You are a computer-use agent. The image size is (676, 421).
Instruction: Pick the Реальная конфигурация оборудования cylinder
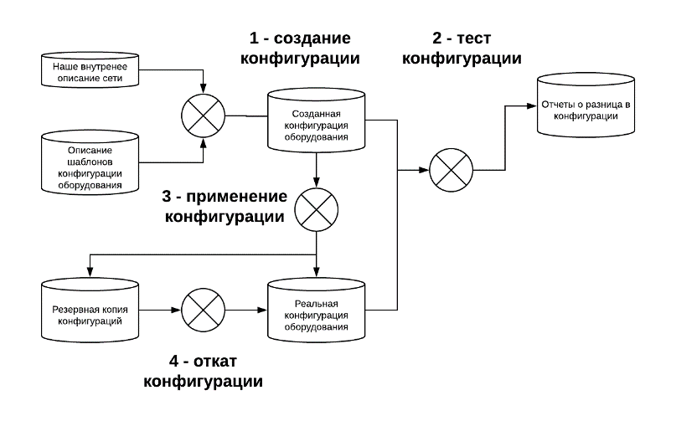click(x=316, y=310)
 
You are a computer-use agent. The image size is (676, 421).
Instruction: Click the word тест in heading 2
click(x=474, y=39)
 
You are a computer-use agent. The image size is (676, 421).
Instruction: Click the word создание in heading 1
click(x=313, y=39)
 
